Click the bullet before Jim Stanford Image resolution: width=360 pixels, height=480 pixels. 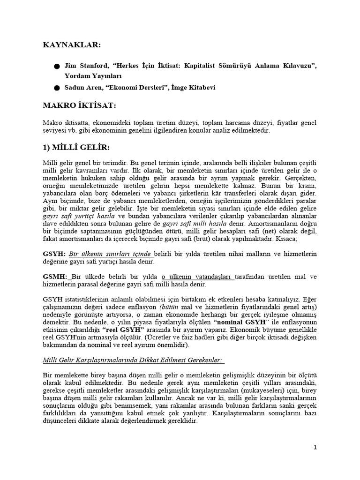coord(57,66)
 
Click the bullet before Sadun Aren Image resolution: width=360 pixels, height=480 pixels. coord(57,87)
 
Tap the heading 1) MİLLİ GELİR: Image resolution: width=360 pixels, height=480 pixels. coord(76,148)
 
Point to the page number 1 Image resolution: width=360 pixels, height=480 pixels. coord(315,448)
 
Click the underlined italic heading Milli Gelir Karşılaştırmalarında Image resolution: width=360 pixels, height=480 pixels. coord(127,360)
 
